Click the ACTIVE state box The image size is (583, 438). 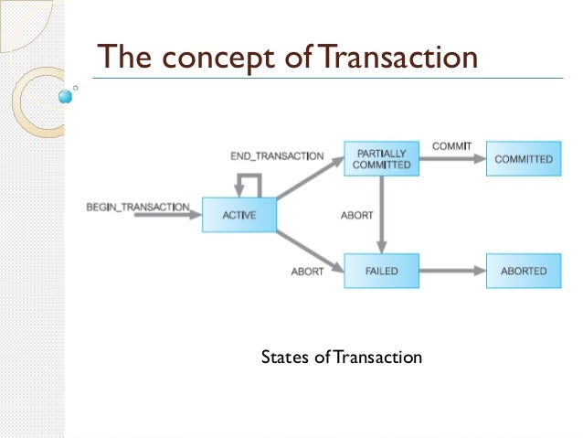coord(238,215)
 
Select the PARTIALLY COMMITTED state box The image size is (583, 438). coord(381,159)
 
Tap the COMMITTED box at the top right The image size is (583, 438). coord(523,159)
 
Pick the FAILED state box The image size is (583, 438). coord(381,271)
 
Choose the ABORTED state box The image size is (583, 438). coord(523,271)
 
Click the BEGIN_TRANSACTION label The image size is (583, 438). coord(137,207)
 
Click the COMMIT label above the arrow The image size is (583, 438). coord(451,145)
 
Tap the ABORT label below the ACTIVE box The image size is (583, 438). coord(307,272)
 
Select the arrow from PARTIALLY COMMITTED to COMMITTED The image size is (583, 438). coord(451,159)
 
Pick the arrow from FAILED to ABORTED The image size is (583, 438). coord(451,271)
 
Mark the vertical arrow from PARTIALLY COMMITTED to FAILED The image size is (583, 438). coord(382,215)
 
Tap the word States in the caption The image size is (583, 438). coord(282,357)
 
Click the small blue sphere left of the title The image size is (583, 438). coord(65,95)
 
